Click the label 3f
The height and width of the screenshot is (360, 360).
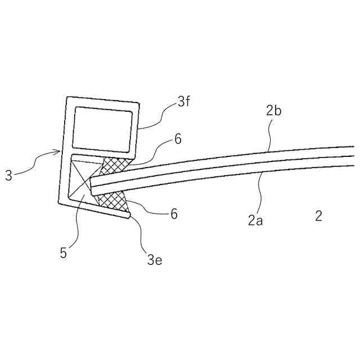(184, 102)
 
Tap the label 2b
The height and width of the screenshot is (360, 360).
(273, 111)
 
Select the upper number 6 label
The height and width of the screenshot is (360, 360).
(178, 139)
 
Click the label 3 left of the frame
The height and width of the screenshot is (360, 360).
(8, 175)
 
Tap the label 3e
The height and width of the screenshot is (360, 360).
(155, 259)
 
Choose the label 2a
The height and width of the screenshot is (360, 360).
(255, 220)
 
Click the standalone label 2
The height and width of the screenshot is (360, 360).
(318, 215)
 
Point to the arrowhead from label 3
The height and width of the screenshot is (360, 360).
(57, 151)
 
